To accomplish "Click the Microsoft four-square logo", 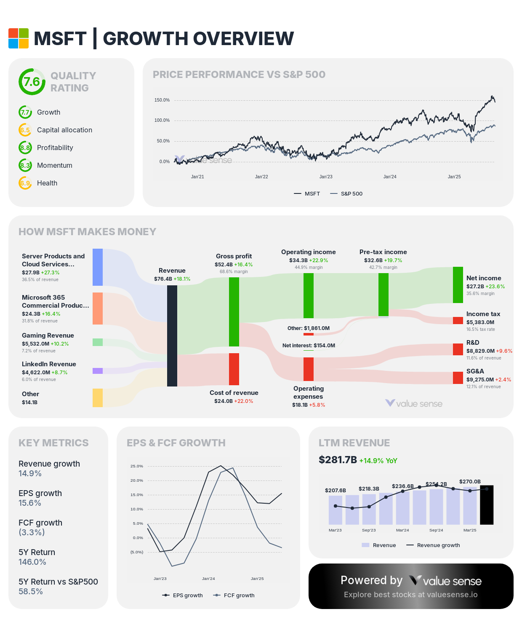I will pos(19,38).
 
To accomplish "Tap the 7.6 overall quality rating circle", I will pos(32,82).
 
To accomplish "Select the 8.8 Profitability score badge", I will pos(25,148).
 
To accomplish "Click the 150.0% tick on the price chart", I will pos(162,100).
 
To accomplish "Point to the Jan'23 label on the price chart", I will pos(326,177).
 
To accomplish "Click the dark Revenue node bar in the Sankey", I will pos(172,335).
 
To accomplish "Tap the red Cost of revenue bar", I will pos(234,369).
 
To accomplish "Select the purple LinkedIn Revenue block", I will pos(98,371).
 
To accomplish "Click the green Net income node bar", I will pos(458,285).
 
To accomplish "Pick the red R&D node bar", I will pos(458,349).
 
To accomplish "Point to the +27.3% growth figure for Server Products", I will pos(50,273).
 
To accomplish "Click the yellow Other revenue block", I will pos(98,398).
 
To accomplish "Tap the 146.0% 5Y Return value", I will pos(32,562).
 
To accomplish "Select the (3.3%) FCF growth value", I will pos(32,532).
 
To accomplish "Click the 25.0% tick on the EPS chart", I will pos(137,466).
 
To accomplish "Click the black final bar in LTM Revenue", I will pos(487,505).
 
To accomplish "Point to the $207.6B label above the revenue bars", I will pos(336,491).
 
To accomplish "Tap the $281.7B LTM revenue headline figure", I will pos(338,460).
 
